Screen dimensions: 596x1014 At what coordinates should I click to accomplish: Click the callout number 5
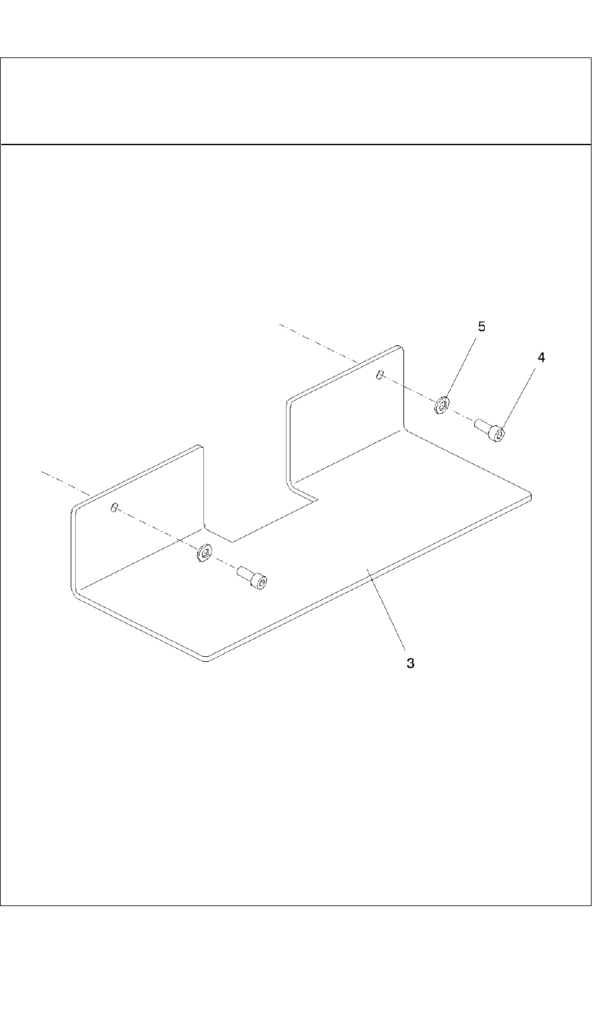click(482, 326)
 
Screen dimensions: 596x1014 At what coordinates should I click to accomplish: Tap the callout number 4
click(541, 357)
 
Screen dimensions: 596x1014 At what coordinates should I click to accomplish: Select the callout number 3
click(410, 663)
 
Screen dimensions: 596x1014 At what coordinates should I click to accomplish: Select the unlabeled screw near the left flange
click(252, 577)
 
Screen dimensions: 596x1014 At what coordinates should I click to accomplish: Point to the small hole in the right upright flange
click(378, 375)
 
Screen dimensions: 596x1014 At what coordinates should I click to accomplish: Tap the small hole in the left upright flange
click(114, 507)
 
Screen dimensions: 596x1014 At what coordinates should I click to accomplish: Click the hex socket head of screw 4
click(499, 435)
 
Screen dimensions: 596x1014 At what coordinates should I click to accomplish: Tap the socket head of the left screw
click(261, 582)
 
